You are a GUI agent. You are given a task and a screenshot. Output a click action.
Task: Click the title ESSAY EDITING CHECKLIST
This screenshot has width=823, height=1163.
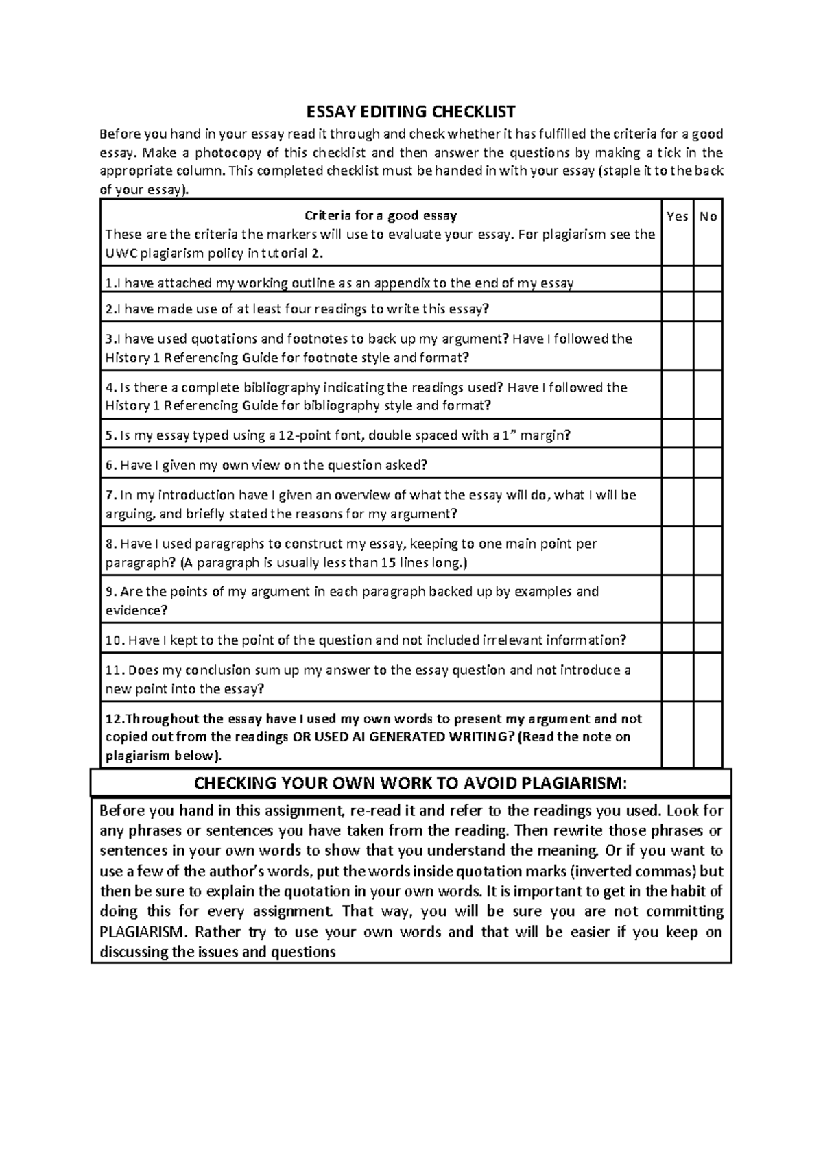411,111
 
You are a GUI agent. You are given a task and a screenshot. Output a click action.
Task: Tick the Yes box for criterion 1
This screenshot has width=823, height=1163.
677,279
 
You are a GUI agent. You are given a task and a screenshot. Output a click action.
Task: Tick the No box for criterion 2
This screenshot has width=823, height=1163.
708,307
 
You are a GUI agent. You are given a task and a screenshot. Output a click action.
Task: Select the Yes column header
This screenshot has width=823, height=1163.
677,217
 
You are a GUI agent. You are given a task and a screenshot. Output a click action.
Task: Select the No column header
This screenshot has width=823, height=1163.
708,217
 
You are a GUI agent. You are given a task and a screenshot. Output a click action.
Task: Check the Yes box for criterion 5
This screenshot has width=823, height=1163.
677,434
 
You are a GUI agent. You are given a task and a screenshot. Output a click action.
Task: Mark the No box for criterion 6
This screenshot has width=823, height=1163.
708,464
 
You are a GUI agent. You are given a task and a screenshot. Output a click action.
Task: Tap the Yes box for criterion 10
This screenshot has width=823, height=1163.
677,638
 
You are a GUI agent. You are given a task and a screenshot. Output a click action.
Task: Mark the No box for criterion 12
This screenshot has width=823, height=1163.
708,734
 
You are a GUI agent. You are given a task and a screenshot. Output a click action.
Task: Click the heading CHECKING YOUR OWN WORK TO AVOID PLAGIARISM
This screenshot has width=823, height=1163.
411,783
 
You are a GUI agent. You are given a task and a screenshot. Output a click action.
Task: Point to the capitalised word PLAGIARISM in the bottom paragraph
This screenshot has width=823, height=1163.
143,932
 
